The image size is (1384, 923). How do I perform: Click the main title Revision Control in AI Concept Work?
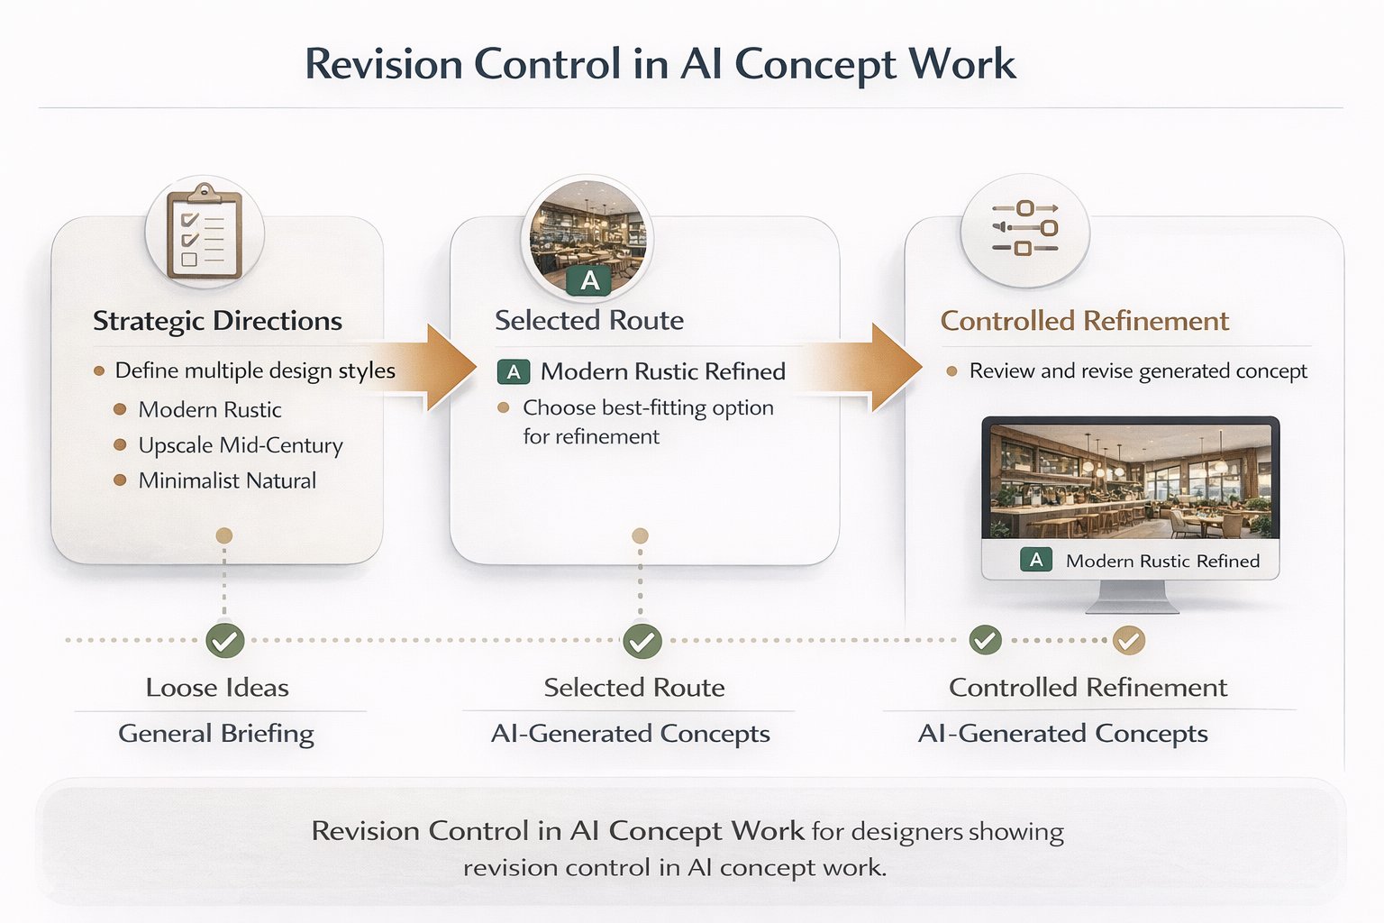pyautogui.click(x=660, y=64)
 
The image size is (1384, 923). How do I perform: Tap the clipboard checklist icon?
pyautogui.click(x=205, y=232)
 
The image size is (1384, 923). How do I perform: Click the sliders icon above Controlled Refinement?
pyautogui.click(x=1024, y=229)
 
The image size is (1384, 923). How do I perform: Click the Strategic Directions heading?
pyautogui.click(x=217, y=321)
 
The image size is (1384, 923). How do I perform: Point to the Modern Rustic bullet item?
pyautogui.click(x=209, y=409)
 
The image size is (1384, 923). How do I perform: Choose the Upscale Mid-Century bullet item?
pyautogui.click(x=240, y=445)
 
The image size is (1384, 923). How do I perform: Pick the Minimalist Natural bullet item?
pyautogui.click(x=227, y=480)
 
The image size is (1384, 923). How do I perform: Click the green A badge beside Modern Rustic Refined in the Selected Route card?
pyautogui.click(x=514, y=371)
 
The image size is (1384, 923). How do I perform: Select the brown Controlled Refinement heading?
pyautogui.click(x=1084, y=321)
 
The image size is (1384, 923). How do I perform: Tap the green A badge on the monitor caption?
pyautogui.click(x=1036, y=560)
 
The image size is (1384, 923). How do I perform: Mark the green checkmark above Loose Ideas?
pyautogui.click(x=224, y=641)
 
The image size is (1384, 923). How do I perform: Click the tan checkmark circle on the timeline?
pyautogui.click(x=1128, y=641)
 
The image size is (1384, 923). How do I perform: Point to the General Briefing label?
pyautogui.click(x=216, y=734)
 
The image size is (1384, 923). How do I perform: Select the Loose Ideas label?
pyautogui.click(x=217, y=688)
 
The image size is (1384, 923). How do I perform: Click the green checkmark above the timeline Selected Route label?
pyautogui.click(x=642, y=641)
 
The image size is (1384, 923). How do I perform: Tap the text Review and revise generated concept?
pyautogui.click(x=1137, y=371)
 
